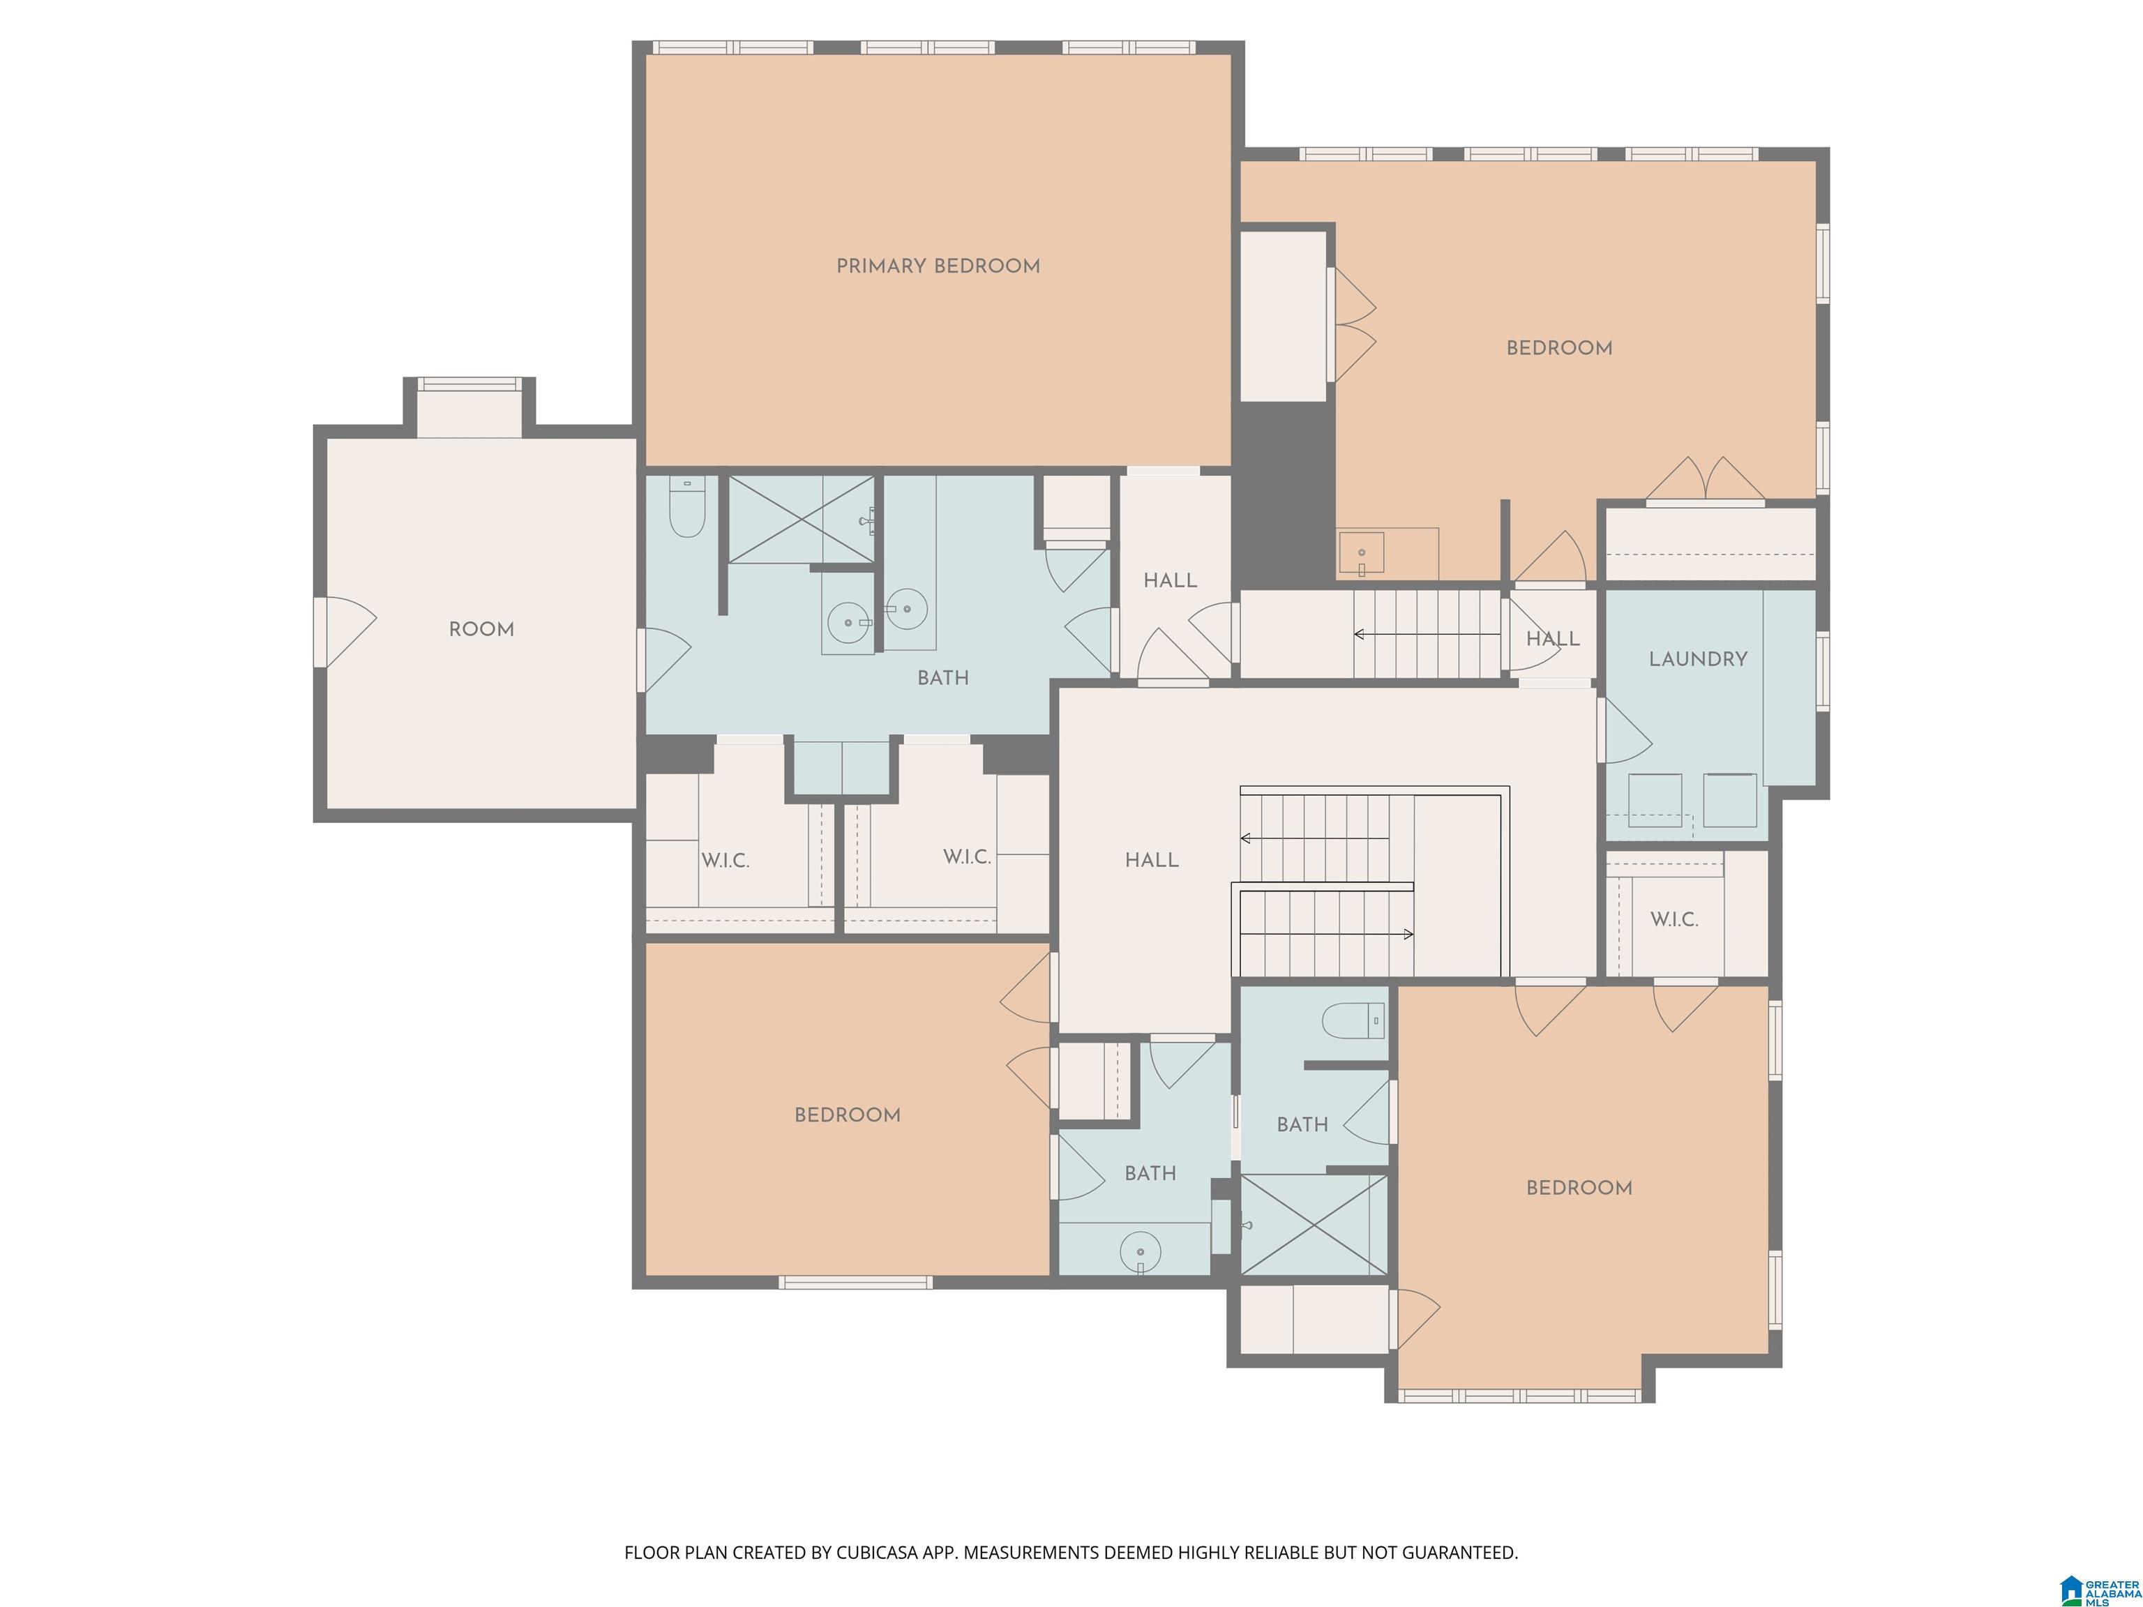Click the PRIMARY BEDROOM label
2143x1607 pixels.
pyautogui.click(x=938, y=266)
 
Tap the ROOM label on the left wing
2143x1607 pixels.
pyautogui.click(x=481, y=630)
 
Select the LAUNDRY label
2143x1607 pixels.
pyautogui.click(x=1699, y=658)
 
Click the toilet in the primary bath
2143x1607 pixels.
pyautogui.click(x=687, y=506)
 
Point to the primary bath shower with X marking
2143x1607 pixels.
pyautogui.click(x=802, y=518)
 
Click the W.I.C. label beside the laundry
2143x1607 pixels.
pyautogui.click(x=1674, y=919)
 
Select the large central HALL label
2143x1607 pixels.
pyautogui.click(x=1152, y=860)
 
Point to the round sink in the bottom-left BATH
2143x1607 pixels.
pyautogui.click(x=1141, y=1251)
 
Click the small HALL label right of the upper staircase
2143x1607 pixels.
pyautogui.click(x=1553, y=640)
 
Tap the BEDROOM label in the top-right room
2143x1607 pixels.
pyautogui.click(x=1560, y=349)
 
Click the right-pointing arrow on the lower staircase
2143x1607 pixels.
pyautogui.click(x=1326, y=934)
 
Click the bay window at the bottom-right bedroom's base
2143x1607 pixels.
pyautogui.click(x=1519, y=1396)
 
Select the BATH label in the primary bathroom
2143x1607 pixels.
pyautogui.click(x=942, y=678)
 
